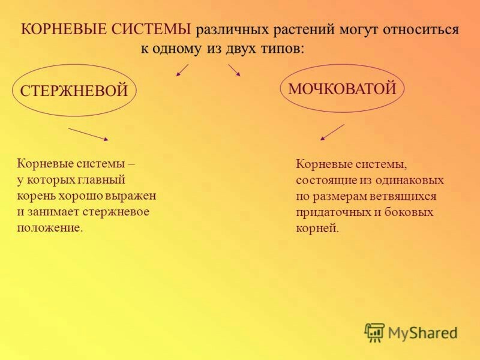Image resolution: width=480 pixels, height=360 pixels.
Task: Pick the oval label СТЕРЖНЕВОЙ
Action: (74, 91)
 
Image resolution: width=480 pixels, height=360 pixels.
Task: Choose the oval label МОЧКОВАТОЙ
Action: (342, 88)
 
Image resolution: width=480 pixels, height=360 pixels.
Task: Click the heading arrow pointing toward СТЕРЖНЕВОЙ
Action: (182, 70)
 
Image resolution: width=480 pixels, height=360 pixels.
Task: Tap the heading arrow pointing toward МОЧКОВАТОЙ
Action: (234, 70)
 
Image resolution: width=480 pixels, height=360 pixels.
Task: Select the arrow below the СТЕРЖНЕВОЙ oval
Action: (88, 134)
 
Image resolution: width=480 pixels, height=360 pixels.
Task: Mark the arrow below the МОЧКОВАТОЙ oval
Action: (332, 132)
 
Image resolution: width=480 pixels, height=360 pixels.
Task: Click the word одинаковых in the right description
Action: (409, 180)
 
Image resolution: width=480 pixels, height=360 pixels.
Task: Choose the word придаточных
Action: (333, 212)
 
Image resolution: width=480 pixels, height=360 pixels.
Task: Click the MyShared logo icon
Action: (374, 332)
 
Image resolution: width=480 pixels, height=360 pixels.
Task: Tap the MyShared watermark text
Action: (423, 333)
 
